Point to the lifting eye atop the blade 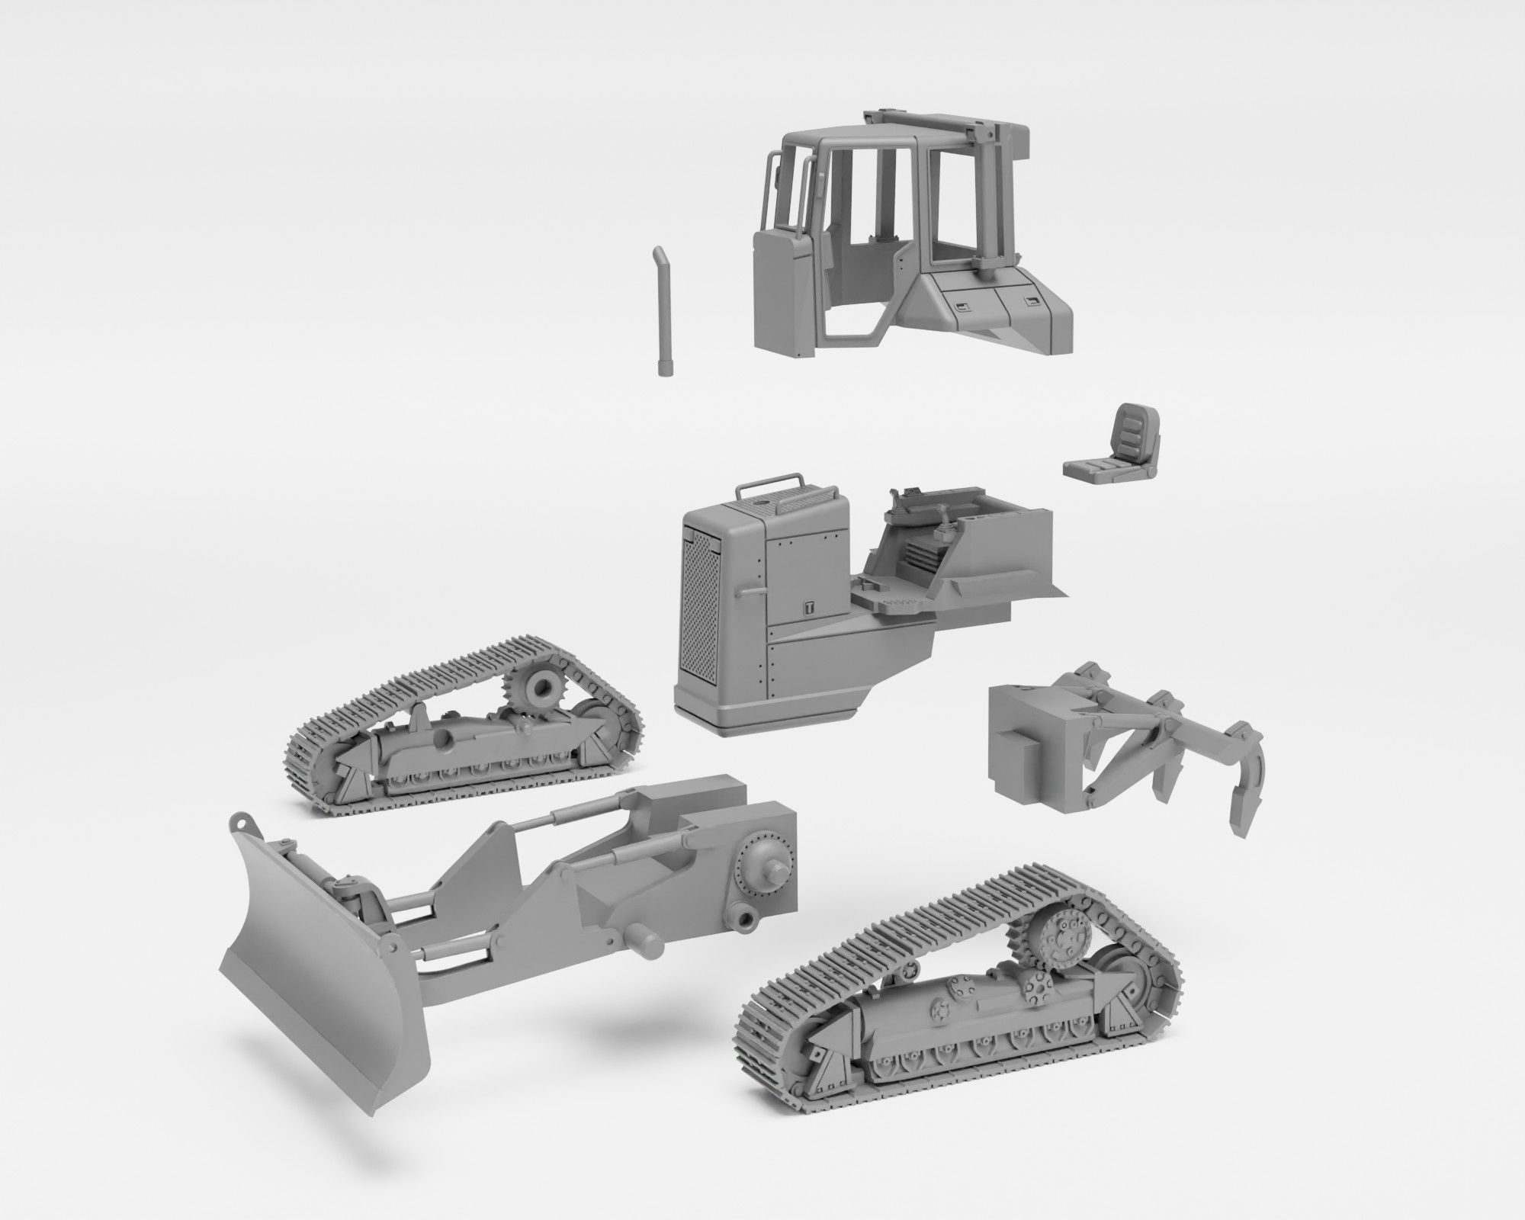click(242, 823)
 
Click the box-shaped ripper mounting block click(1026, 731)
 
